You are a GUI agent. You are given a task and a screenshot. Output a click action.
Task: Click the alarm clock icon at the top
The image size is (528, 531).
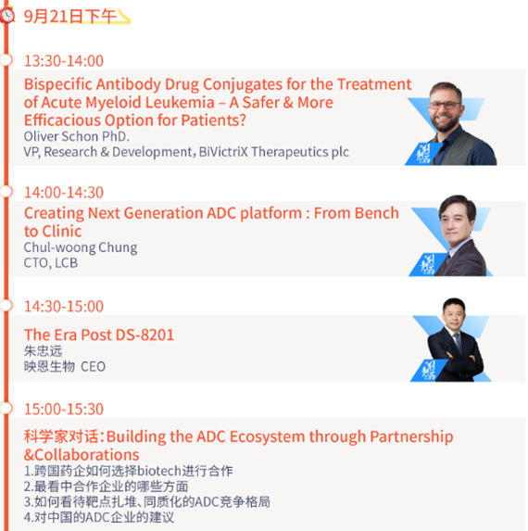tap(7, 15)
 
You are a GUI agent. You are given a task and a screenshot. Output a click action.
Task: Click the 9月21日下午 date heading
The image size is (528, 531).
tap(70, 17)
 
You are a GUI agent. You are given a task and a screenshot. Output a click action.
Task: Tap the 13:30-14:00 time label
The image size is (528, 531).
tap(64, 61)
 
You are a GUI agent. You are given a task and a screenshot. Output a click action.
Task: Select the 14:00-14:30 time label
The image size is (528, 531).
tap(64, 193)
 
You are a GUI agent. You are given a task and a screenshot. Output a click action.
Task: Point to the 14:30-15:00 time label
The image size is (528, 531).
tap(64, 306)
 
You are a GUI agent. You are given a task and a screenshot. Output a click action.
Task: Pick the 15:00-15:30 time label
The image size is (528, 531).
tap(64, 409)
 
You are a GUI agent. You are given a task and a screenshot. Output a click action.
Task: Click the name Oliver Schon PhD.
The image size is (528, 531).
tap(77, 136)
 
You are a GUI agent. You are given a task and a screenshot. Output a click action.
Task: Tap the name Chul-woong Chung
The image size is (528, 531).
tap(81, 247)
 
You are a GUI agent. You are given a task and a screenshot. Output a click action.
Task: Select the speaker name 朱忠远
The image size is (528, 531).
tap(43, 351)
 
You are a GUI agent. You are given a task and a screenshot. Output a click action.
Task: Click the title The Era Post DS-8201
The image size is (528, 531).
tap(99, 335)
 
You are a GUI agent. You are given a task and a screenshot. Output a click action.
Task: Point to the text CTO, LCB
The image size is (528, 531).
tap(51, 263)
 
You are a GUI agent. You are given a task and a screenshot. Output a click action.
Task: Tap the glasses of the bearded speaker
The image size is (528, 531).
tap(445, 105)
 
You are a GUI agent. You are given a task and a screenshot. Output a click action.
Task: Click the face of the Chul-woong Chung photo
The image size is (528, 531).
tap(457, 221)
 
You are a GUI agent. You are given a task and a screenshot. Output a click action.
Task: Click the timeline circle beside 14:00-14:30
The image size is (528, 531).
tap(6, 191)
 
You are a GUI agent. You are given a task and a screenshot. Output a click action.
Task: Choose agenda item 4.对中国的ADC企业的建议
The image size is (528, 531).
tap(99, 517)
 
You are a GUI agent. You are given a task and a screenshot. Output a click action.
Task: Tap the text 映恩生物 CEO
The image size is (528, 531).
tap(65, 367)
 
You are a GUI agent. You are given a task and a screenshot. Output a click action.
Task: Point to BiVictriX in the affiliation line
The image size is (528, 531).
tap(223, 152)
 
